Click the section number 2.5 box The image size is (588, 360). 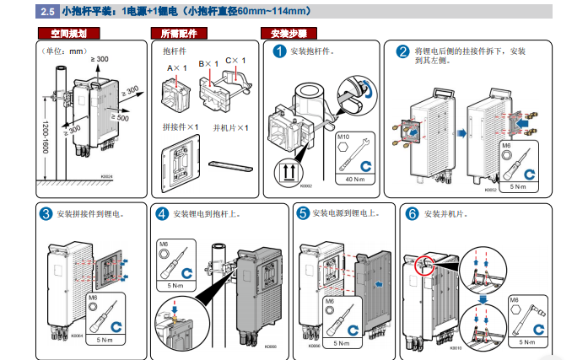tap(46, 12)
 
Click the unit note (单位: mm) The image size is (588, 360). tap(65, 51)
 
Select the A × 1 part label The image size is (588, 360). tap(175, 67)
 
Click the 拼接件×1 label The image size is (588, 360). tap(180, 127)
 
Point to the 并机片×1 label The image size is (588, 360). tap(230, 127)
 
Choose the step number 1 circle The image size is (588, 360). tap(280, 51)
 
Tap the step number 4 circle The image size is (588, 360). tap(162, 213)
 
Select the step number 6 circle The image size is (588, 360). tap(412, 213)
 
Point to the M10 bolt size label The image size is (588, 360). tap(343, 136)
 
